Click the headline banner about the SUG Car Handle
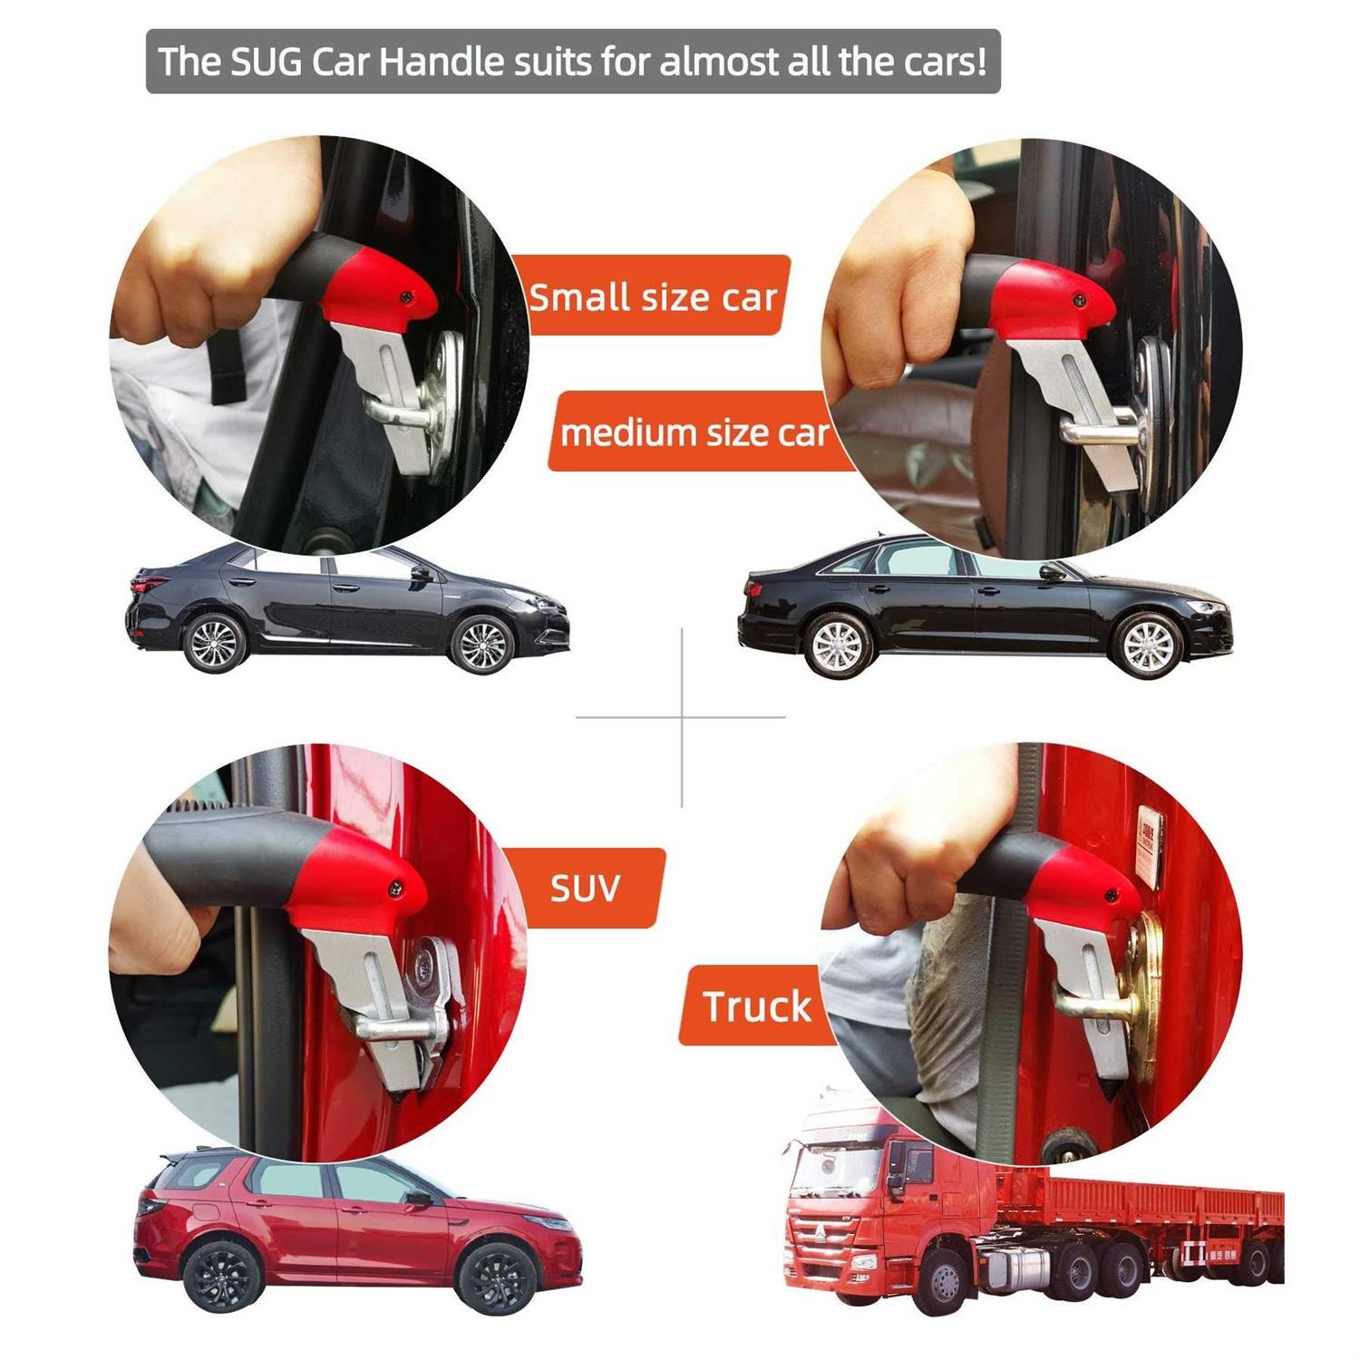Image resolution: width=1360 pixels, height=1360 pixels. coord(573,62)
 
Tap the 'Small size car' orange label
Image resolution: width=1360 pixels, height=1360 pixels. coord(653,296)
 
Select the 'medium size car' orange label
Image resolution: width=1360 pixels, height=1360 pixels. coord(695,432)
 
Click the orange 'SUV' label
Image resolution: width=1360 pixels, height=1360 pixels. coord(585,888)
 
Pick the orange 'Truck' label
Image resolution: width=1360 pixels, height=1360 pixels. coord(756,1006)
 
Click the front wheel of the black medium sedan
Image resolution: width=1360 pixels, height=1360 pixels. coord(1148,645)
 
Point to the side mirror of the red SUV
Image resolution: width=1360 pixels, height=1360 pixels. coord(420,1199)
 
